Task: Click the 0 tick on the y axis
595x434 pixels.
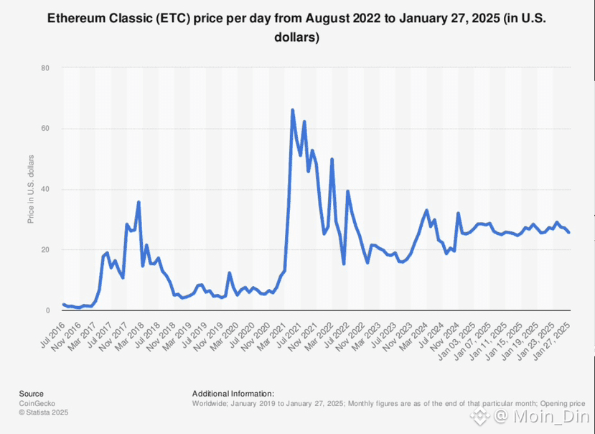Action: point(47,310)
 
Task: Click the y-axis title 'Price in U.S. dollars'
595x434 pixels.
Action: point(31,190)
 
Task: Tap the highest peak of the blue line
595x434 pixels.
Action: point(292,110)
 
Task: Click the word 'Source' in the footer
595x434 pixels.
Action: point(31,394)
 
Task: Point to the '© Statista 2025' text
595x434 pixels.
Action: point(44,412)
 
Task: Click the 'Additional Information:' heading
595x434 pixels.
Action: point(233,394)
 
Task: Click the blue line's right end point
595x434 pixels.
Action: point(569,232)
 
